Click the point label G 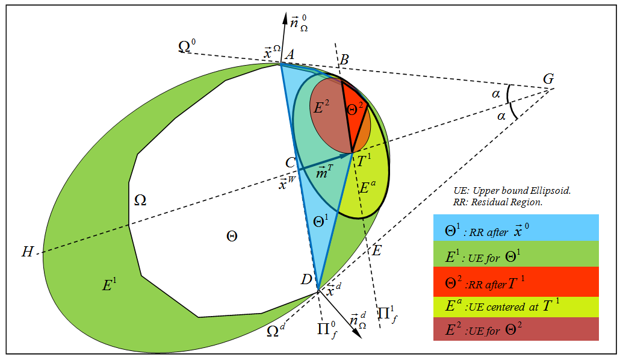pos(548,79)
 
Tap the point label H pos(27,252)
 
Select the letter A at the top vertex pos(289,54)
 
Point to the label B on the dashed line pos(344,59)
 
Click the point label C pos(290,163)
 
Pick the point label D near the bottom pos(306,279)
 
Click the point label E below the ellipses pos(376,251)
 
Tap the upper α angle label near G pos(495,94)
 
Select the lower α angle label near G pos(501,116)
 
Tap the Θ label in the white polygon pos(231,236)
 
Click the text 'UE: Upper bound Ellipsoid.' pos(512,190)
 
